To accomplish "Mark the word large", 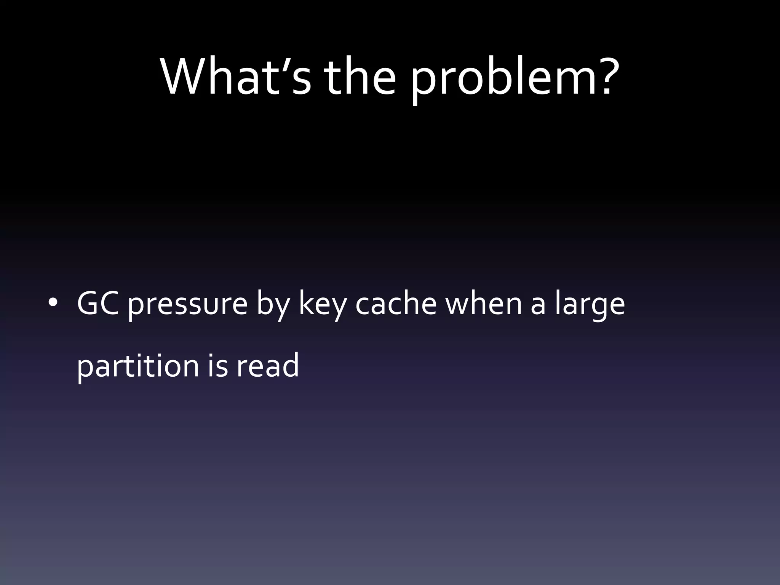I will coord(589,307).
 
